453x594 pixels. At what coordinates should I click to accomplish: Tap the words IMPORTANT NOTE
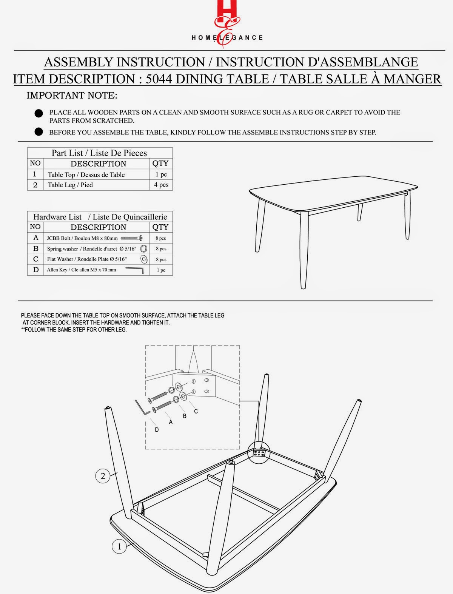(72, 96)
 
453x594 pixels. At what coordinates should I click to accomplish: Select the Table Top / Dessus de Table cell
(86, 174)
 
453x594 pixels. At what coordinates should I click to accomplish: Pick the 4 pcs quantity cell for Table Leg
(161, 185)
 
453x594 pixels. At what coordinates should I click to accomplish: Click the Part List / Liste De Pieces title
(99, 153)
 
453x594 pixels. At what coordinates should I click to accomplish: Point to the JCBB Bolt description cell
(82, 238)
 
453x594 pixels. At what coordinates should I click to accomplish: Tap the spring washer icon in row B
(143, 248)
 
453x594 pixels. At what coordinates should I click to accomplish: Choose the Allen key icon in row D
(135, 270)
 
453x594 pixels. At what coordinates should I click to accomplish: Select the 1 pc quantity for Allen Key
(161, 270)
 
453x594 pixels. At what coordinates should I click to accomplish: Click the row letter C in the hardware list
(36, 259)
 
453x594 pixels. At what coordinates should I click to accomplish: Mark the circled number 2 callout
(103, 476)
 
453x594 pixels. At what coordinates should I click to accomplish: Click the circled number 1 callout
(119, 546)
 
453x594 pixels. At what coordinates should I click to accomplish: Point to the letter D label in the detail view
(157, 430)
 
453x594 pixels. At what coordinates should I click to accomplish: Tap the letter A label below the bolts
(171, 422)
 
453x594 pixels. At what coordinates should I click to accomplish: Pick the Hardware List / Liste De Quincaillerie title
(100, 217)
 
